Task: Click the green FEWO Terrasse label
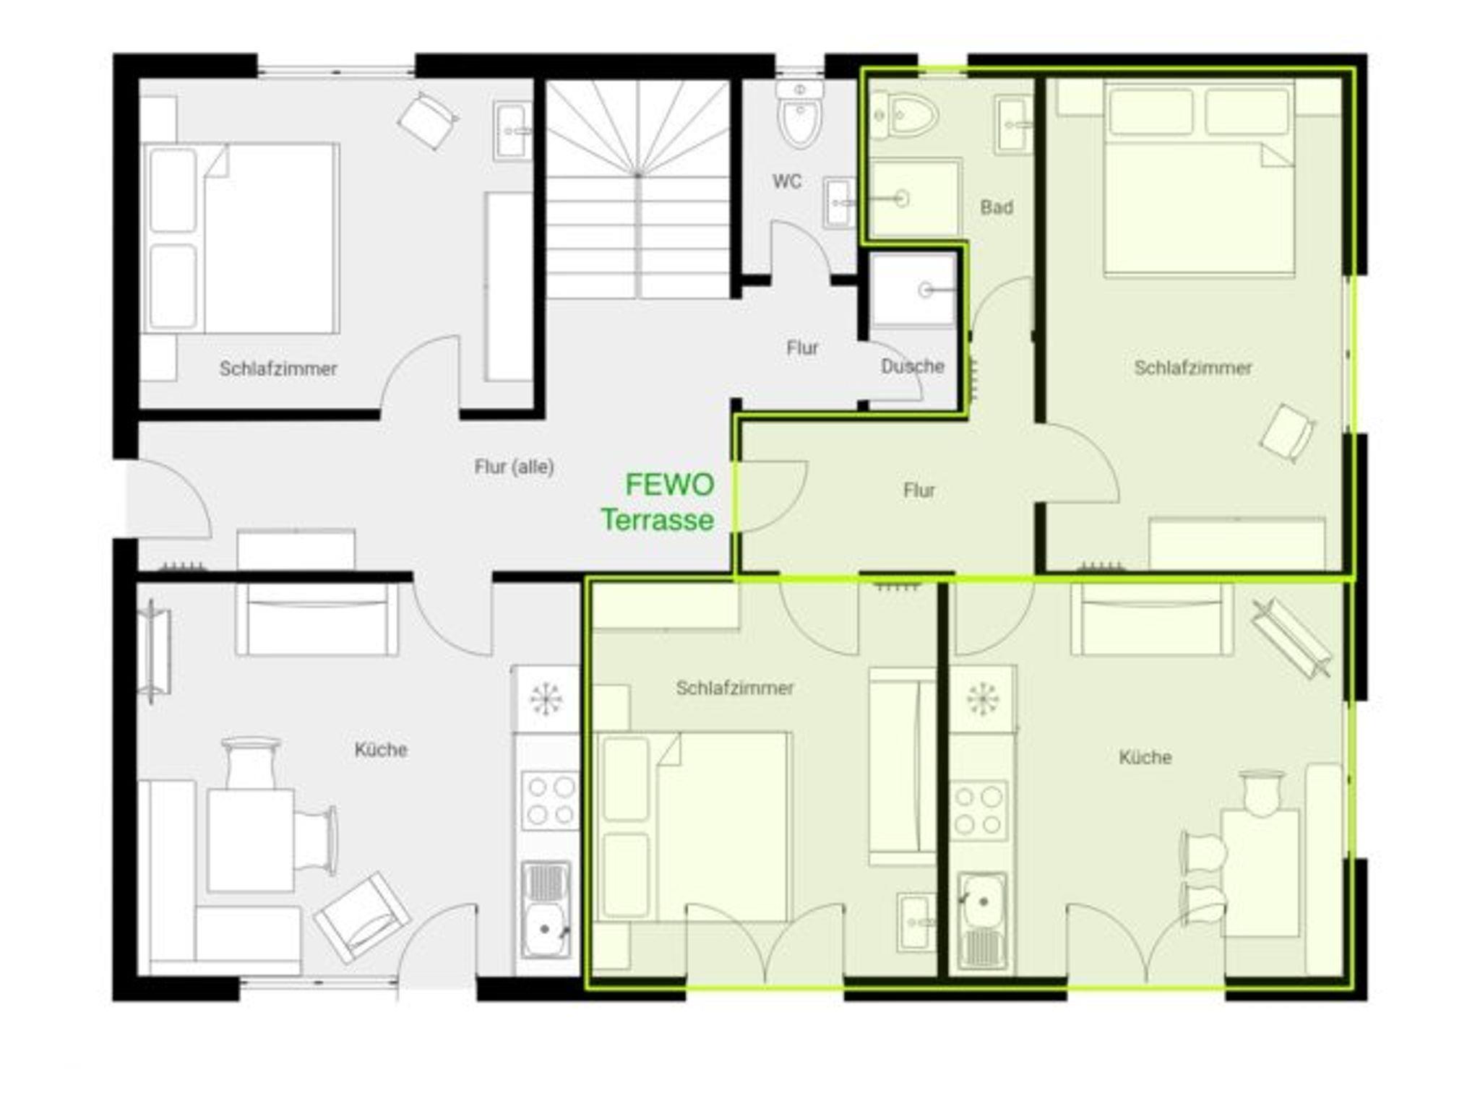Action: coord(658,502)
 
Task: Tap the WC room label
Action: coord(787,181)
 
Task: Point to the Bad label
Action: coord(997,208)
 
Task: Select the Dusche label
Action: coord(913,366)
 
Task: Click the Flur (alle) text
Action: coord(514,467)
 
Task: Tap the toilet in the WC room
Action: coord(800,113)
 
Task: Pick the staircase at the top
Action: coord(637,189)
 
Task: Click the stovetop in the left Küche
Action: coord(548,800)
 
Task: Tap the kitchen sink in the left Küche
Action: coord(546,909)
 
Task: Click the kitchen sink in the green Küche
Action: coord(981,921)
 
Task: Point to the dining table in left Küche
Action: coord(250,841)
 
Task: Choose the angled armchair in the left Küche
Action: coord(361,917)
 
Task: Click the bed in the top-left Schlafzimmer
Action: coord(241,238)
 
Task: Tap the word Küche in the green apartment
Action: coord(1145,758)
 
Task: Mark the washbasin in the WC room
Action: coord(838,202)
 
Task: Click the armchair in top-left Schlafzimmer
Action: coord(428,121)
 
